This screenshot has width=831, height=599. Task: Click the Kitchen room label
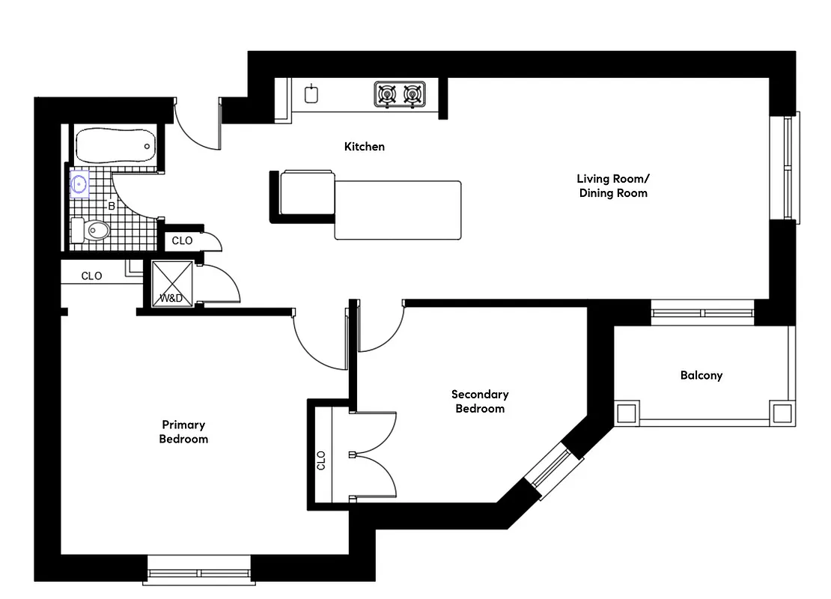tap(365, 147)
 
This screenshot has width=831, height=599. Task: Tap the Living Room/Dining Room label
tap(612, 186)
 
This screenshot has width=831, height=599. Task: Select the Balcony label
tap(701, 375)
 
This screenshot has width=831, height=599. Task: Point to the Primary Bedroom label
tap(183, 432)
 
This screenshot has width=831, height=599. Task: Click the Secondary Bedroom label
tap(480, 401)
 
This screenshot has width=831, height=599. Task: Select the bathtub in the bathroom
tap(116, 146)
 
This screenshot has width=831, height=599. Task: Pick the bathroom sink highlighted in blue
tap(79, 183)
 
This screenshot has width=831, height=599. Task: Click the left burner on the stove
tap(387, 94)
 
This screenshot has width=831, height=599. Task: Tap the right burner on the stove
tap(412, 94)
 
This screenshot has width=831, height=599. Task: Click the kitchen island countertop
tap(397, 210)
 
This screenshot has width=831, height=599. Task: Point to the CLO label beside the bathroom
tap(182, 241)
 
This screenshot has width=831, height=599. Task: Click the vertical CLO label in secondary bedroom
tap(321, 459)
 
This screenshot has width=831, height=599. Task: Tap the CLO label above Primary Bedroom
tap(91, 276)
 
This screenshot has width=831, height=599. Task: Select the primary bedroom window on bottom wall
tap(199, 574)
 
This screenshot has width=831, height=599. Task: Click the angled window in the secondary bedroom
tap(553, 471)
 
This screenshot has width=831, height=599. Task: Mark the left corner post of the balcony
tap(626, 412)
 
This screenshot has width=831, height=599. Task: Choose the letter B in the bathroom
tap(112, 205)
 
